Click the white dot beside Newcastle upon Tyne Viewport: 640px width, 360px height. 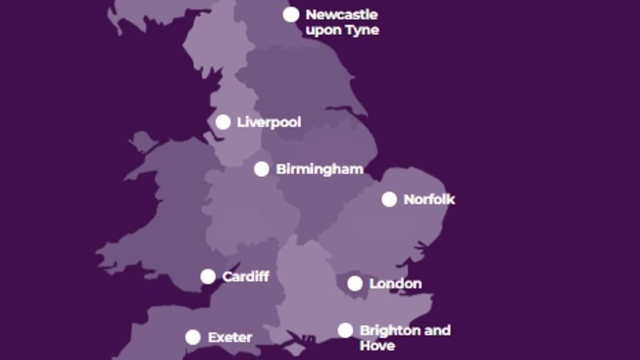pyautogui.click(x=291, y=14)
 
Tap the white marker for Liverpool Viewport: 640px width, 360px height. pyautogui.click(x=223, y=122)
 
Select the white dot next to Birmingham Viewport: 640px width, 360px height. pyautogui.click(x=261, y=169)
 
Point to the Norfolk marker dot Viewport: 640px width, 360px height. pyautogui.click(x=389, y=199)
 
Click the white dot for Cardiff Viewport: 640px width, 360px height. pyautogui.click(x=208, y=276)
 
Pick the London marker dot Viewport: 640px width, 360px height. pyautogui.click(x=355, y=284)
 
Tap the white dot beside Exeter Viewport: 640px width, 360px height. pyautogui.click(x=193, y=337)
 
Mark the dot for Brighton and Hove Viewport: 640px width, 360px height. pyautogui.click(x=345, y=330)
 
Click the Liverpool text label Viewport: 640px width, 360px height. pyautogui.click(x=269, y=122)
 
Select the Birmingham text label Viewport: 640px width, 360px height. pyautogui.click(x=319, y=169)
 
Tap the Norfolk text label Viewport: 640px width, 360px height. pyautogui.click(x=429, y=199)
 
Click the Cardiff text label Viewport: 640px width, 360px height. pyautogui.click(x=245, y=276)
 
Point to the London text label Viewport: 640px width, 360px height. pyautogui.click(x=395, y=284)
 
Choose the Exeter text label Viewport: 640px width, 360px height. pyautogui.click(x=230, y=337)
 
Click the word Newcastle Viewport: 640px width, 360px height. pyautogui.click(x=341, y=14)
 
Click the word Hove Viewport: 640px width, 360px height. pyautogui.click(x=377, y=346)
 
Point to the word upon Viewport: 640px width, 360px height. pyautogui.click(x=324, y=30)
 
